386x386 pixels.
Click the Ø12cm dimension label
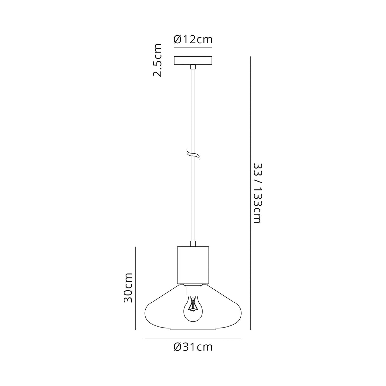pos(193,39)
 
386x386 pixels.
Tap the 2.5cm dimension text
pos(158,60)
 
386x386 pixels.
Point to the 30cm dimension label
pos(128,288)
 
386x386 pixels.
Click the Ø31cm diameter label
pos(193,347)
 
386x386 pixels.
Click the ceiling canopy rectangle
pos(193,60)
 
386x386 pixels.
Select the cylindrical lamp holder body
pos(193,265)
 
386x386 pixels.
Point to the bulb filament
pos(192,305)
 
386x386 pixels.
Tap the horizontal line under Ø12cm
pos(193,47)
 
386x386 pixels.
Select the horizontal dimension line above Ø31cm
pos(193,339)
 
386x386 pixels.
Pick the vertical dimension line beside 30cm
pos(136,288)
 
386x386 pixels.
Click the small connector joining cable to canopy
pos(193,67)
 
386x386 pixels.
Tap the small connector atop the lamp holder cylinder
pos(193,244)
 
